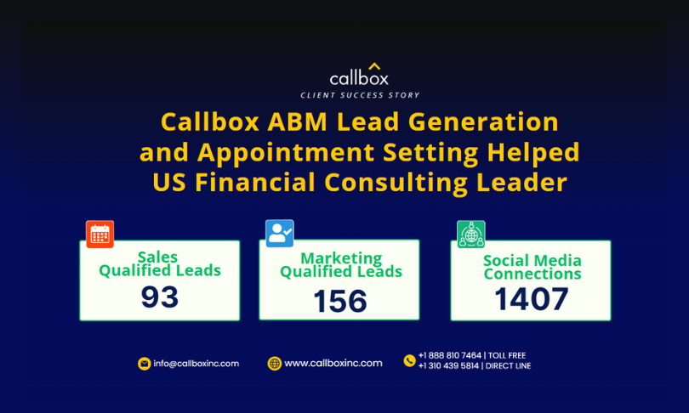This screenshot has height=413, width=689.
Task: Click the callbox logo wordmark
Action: click(x=359, y=78)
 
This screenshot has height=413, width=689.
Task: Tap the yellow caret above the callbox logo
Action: click(x=374, y=66)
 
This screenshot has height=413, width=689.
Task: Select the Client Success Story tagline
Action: click(x=360, y=95)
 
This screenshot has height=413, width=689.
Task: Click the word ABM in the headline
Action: click(x=298, y=122)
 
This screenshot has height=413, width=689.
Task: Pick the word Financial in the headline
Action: click(x=255, y=182)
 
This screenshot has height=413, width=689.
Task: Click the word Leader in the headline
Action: click(x=521, y=182)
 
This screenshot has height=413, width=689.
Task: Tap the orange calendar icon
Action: click(x=100, y=235)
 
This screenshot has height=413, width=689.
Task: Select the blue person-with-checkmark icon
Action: click(x=280, y=233)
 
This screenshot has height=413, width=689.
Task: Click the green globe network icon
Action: click(x=471, y=235)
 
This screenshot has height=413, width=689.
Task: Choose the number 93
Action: click(x=160, y=297)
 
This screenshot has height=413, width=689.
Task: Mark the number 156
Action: click(x=340, y=301)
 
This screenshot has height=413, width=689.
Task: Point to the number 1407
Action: click(x=532, y=299)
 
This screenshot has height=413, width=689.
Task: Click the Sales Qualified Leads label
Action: click(x=160, y=263)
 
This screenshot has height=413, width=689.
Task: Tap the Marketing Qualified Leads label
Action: click(x=341, y=265)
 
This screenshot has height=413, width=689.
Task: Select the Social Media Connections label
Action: click(x=532, y=267)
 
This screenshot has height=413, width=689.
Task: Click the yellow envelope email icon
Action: click(x=144, y=364)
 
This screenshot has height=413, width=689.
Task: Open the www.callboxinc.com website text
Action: click(x=333, y=364)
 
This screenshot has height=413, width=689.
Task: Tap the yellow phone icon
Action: click(x=409, y=361)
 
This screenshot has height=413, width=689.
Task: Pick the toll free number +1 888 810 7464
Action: click(x=450, y=355)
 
